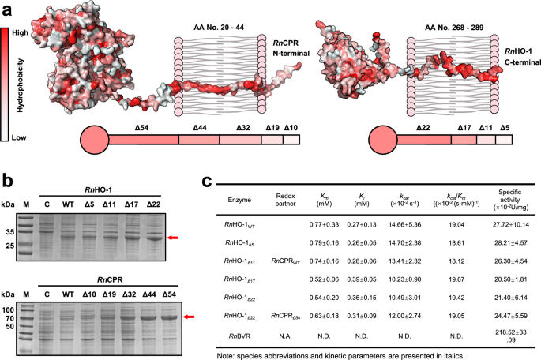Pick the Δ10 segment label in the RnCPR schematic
(291, 126)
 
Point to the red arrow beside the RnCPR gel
(190, 317)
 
